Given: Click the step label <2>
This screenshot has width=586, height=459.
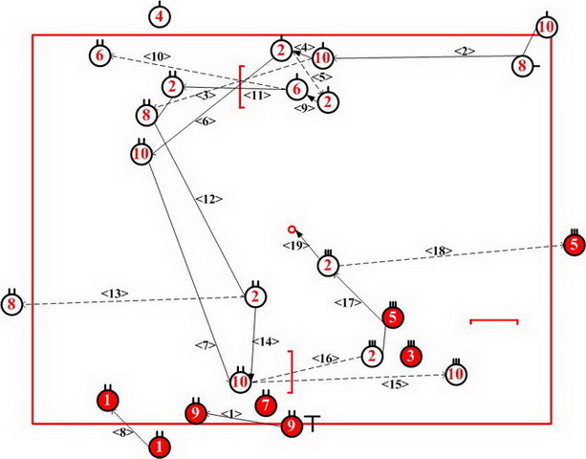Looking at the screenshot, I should coord(465,51).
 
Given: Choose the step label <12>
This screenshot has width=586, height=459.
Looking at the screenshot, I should coord(208,199).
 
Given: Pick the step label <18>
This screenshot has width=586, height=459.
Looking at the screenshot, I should coord(442,252).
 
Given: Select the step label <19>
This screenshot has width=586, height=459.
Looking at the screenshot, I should coord(293,247).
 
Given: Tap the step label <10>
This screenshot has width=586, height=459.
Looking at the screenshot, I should coord(157,57).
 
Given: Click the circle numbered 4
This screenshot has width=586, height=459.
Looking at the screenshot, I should coord(161,16).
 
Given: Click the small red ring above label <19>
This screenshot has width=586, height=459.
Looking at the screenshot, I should coord(293,229).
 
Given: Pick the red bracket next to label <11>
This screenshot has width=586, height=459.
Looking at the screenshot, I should coord(243,86).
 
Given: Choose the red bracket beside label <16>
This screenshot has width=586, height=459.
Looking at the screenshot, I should coord(290,373).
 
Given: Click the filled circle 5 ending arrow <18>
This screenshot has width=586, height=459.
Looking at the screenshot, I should coord(573,245).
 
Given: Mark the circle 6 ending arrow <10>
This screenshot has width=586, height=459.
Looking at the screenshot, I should coord(99,55).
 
